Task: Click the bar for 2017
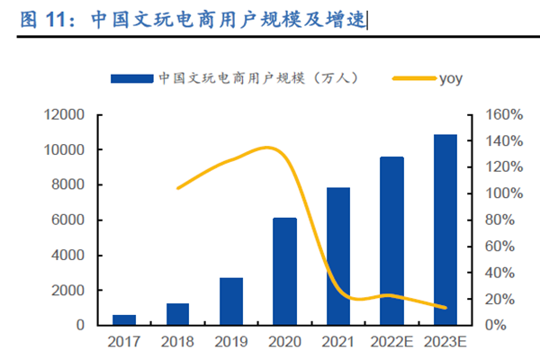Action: [124, 319]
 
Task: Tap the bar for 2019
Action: [231, 301]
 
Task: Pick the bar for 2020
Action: [284, 271]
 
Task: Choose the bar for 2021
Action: [338, 256]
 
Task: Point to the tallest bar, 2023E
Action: [445, 229]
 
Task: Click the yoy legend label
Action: [451, 78]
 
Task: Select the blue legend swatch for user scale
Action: [131, 79]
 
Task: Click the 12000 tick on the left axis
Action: [66, 115]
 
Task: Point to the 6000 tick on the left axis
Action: [69, 220]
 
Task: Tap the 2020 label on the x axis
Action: [284, 343]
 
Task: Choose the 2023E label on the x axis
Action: [445, 343]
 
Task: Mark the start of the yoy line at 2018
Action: [178, 188]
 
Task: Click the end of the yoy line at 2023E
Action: [445, 308]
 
